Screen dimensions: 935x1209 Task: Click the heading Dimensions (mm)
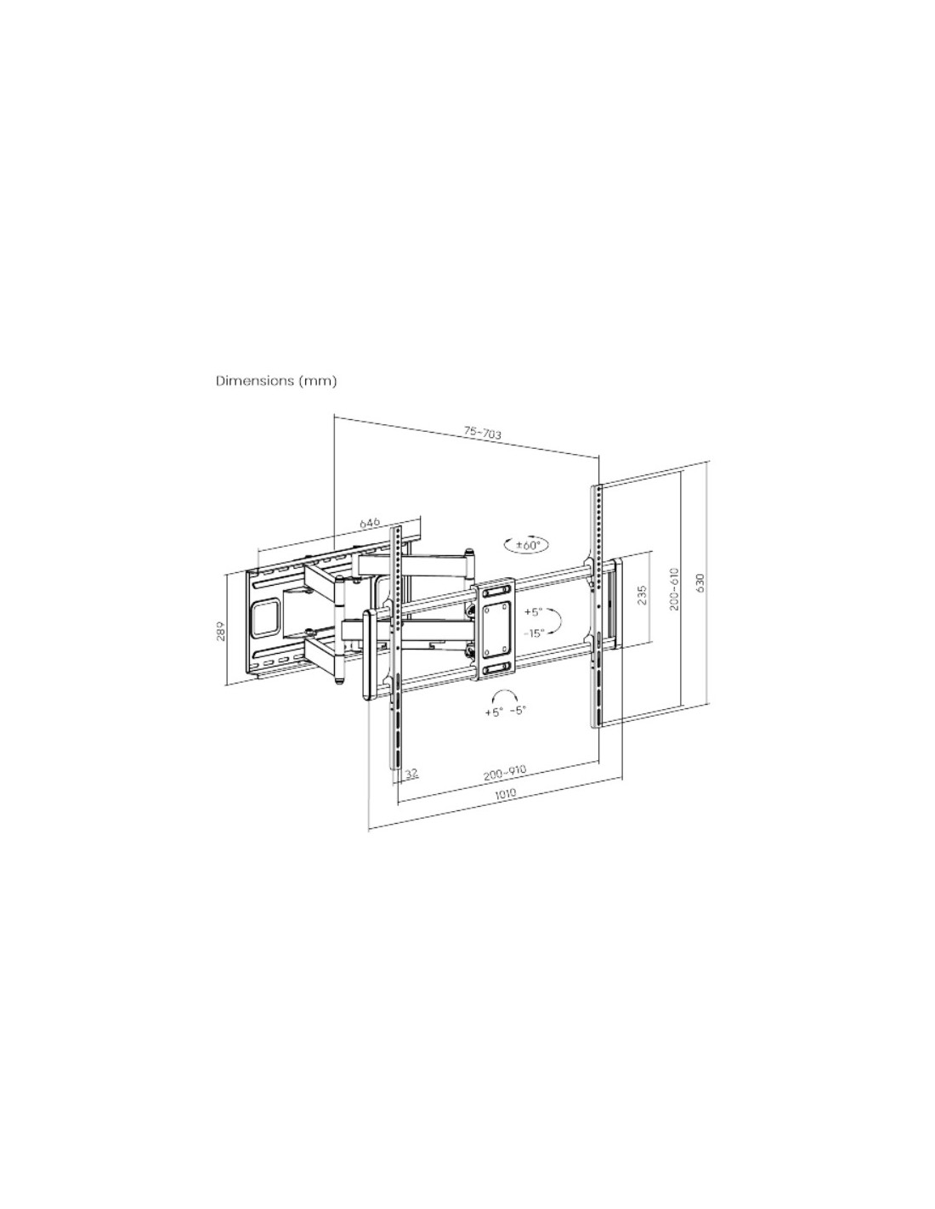[x=276, y=381]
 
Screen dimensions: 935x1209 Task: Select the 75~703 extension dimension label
[x=482, y=433]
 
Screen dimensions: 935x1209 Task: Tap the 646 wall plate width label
[x=370, y=522]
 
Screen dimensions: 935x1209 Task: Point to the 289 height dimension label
[x=221, y=631]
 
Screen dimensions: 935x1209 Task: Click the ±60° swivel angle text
[x=527, y=545]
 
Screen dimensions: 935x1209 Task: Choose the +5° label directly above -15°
[x=533, y=612]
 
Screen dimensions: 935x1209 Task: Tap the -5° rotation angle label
[x=517, y=711]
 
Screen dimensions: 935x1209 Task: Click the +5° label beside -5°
[x=493, y=711]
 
